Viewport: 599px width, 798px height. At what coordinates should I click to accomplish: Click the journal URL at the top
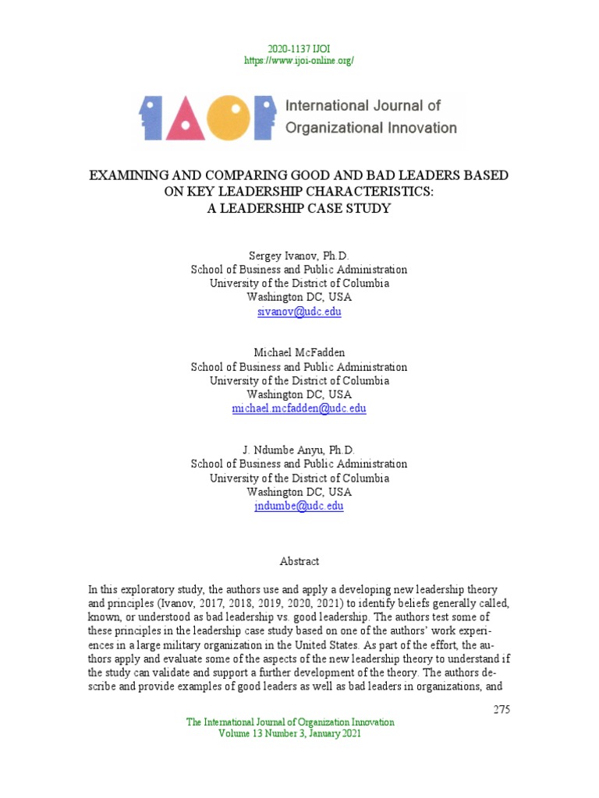click(299, 60)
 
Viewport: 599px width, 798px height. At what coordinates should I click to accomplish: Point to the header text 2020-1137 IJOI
click(299, 48)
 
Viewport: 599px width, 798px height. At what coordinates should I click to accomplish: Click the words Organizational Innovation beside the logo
click(371, 128)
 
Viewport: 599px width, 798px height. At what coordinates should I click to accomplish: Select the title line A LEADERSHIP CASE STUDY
click(299, 208)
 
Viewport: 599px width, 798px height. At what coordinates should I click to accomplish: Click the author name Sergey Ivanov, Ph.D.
click(299, 256)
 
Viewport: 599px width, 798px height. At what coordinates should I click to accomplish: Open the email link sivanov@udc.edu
click(299, 312)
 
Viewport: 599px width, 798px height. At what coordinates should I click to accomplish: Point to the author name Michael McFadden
click(299, 353)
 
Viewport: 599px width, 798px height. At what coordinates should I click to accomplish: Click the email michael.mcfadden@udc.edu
click(299, 408)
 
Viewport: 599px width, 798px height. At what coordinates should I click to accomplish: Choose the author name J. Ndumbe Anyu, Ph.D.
click(299, 450)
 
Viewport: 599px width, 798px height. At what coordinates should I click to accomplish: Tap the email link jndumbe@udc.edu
click(299, 506)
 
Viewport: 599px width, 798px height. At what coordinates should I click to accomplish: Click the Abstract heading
click(299, 561)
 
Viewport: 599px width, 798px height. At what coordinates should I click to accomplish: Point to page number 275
click(501, 709)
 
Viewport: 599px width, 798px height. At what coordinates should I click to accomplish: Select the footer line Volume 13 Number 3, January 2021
click(289, 734)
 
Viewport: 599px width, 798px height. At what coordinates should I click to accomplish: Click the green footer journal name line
click(289, 722)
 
